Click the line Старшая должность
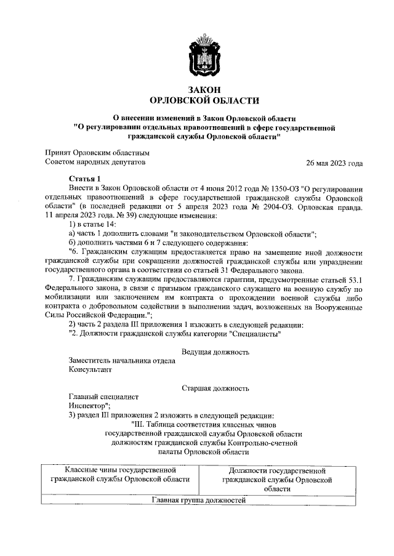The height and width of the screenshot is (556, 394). click(215, 389)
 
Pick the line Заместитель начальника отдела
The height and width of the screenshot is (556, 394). click(122, 361)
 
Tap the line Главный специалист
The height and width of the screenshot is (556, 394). click(104, 398)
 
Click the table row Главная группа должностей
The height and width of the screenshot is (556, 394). click(199, 500)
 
